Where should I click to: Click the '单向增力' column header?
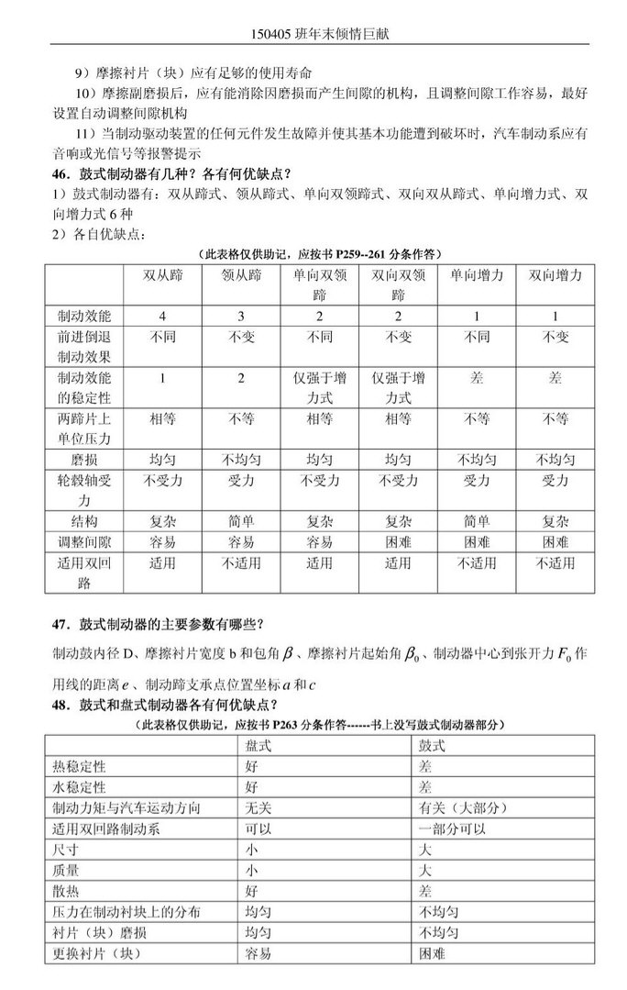coord(477,276)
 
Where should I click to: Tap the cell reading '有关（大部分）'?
coord(463,808)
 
